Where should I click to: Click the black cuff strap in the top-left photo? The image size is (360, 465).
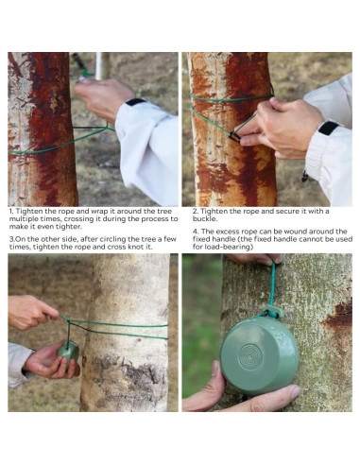pyautogui.click(x=136, y=101)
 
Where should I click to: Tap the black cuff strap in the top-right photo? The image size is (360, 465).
pyautogui.click(x=329, y=128)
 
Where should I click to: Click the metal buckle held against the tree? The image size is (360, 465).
pyautogui.click(x=234, y=137)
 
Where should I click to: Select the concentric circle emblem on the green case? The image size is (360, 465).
pyautogui.click(x=250, y=355)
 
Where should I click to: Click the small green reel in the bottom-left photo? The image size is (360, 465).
pyautogui.click(x=68, y=351)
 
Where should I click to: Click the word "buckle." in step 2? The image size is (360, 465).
pyautogui.click(x=205, y=218)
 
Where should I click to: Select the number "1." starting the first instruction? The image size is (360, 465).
pyautogui.click(x=11, y=211)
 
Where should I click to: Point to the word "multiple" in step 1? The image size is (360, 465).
pyautogui.click(x=21, y=219)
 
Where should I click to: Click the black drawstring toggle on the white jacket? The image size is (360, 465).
pyautogui.click(x=304, y=177)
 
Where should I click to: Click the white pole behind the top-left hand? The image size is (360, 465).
pyautogui.click(x=99, y=65)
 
